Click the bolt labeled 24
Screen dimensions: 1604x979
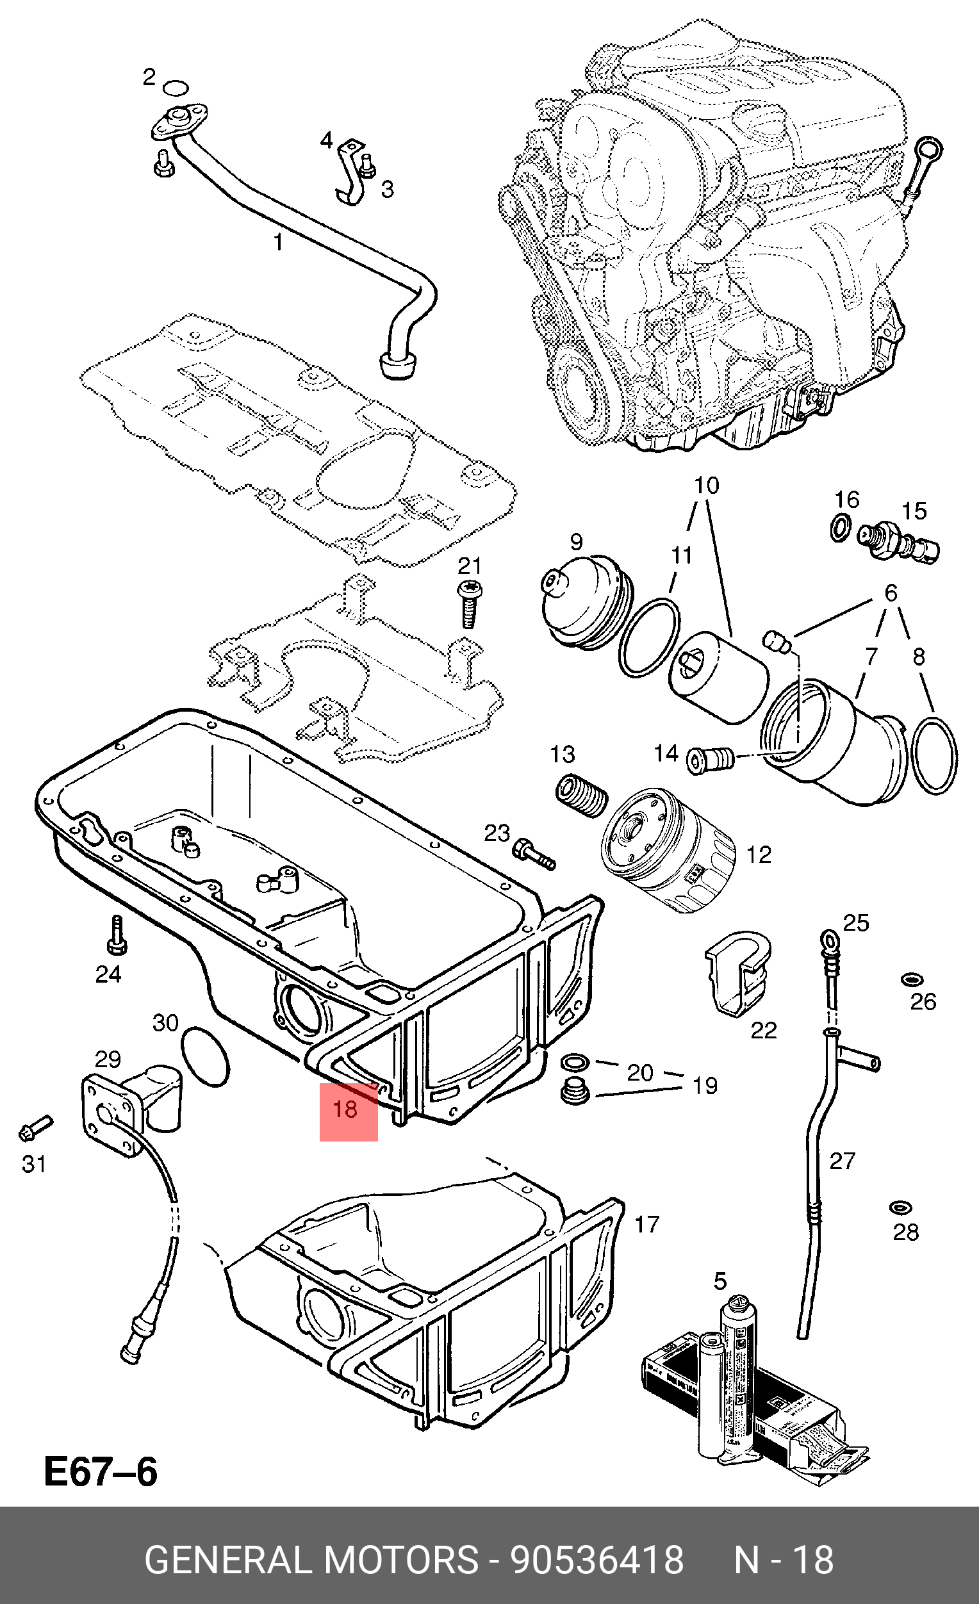click(x=117, y=936)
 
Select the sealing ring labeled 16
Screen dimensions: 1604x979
click(x=841, y=526)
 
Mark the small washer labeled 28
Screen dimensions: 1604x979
click(x=901, y=1207)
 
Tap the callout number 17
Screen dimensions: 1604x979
click(x=647, y=1225)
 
